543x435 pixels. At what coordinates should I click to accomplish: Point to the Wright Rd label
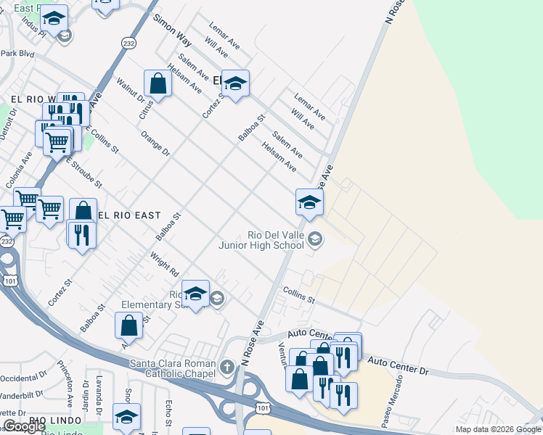pos(164,265)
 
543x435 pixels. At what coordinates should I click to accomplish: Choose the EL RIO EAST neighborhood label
pos(128,215)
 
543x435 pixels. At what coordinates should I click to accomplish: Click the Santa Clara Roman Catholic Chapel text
pos(173,368)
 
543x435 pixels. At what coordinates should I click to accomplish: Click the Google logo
pos(24,426)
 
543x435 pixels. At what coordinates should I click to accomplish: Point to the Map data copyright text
pos(497,429)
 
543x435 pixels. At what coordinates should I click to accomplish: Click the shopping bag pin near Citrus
pos(158,85)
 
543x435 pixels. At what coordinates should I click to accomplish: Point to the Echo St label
pos(169,412)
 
